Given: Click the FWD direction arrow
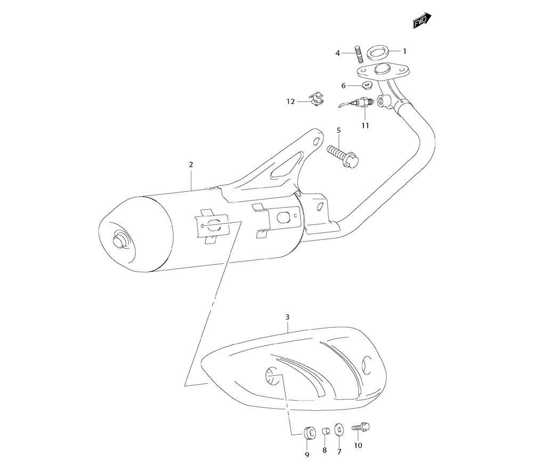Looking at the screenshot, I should click(422, 21).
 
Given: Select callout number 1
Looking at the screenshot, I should click(405, 51).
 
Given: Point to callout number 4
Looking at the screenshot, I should click(338, 53).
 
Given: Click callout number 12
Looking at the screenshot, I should click(290, 101).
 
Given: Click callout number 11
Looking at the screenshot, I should click(365, 126).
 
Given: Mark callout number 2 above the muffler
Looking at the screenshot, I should click(191, 165).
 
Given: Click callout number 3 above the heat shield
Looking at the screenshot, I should click(287, 317).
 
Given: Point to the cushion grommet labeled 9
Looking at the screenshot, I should click(308, 431).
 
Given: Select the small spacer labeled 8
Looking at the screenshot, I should click(324, 430).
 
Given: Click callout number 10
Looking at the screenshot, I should click(358, 445).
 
